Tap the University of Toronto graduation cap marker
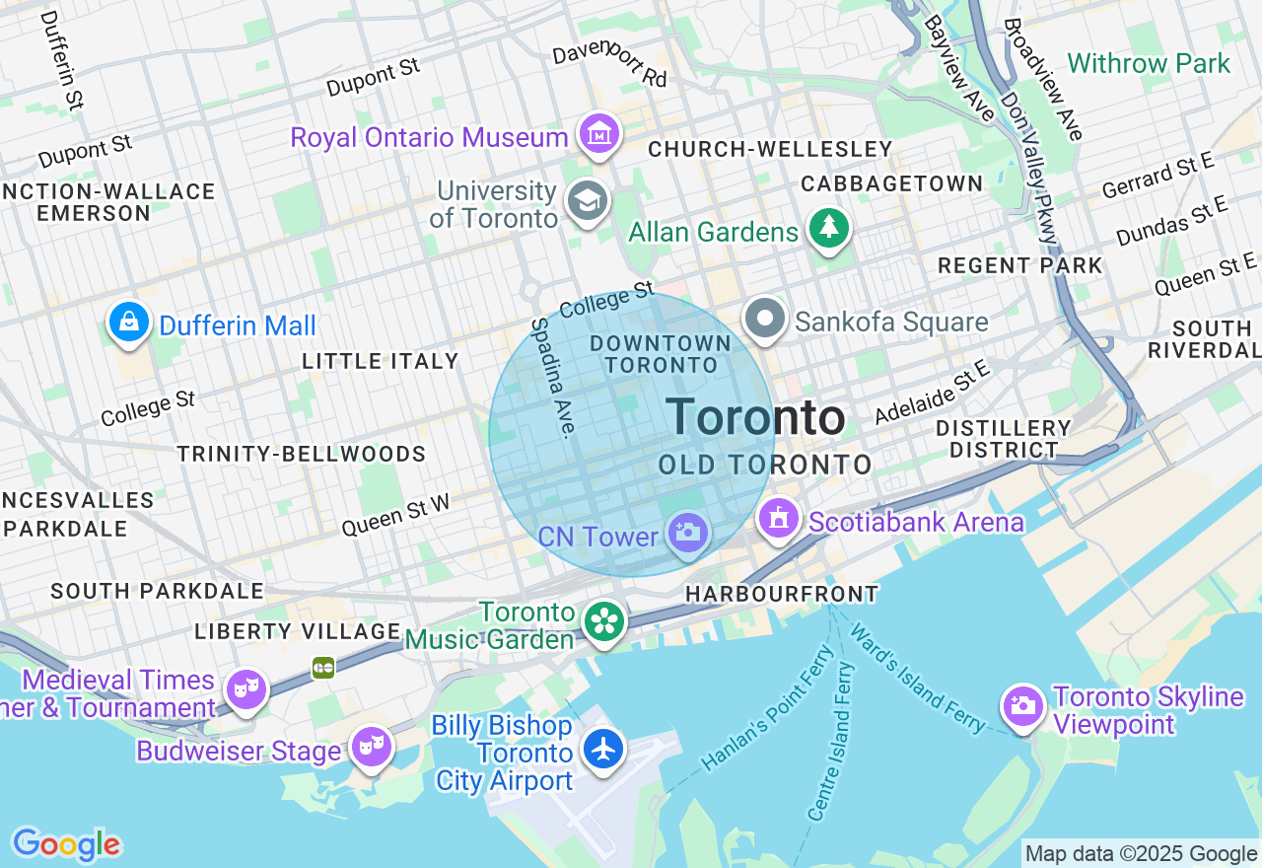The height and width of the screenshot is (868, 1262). [x=588, y=201]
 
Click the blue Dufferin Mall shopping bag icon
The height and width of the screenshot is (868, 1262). [x=129, y=322]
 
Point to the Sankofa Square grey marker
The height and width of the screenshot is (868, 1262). [x=765, y=320]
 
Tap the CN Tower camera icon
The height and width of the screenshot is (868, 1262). [x=687, y=534]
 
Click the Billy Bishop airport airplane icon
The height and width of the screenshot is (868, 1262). [x=602, y=749]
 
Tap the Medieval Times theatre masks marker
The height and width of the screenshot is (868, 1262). [x=245, y=687]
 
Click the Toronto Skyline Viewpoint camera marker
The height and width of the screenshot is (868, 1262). [x=1023, y=706]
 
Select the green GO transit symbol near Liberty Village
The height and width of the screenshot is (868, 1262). [x=323, y=668]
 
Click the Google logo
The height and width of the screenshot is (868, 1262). [x=66, y=845]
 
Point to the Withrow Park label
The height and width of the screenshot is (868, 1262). [x=1149, y=64]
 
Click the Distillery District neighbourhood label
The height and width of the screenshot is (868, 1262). [x=1003, y=439]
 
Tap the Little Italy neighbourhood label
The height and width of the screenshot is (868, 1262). [x=381, y=362]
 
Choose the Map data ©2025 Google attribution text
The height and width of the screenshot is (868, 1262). [x=1141, y=853]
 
